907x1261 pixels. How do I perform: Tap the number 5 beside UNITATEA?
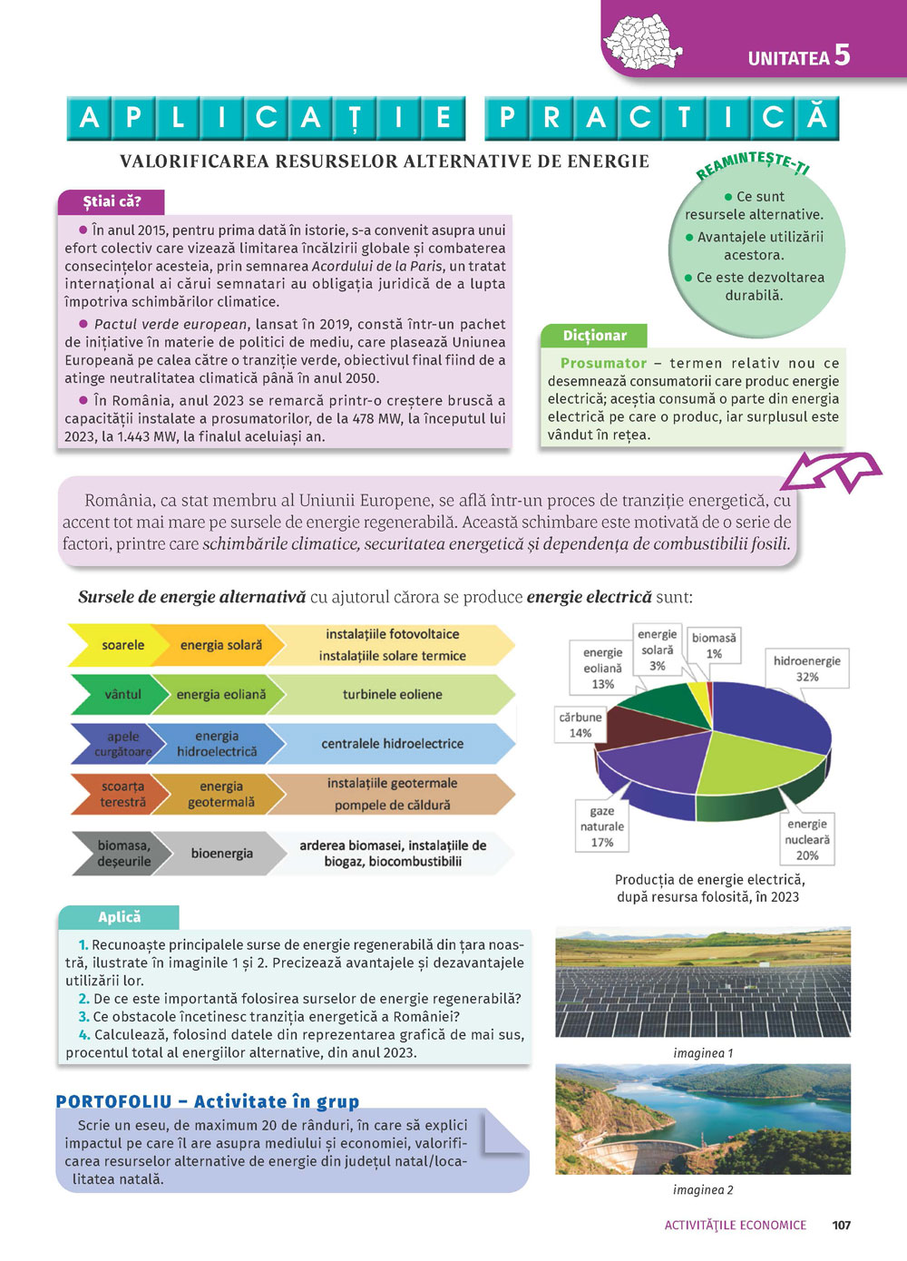[x=842, y=54]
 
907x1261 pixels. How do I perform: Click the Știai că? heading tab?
[x=112, y=201]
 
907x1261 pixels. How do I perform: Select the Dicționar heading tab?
[x=594, y=336]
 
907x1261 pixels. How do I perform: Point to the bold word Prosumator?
[x=603, y=363]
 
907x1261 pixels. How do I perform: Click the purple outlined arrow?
[x=831, y=471]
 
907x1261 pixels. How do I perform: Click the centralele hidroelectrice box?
[x=392, y=743]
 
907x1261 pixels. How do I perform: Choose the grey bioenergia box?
[x=221, y=853]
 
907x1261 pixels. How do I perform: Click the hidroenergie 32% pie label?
[x=806, y=669]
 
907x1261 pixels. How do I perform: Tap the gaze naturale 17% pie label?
[x=602, y=826]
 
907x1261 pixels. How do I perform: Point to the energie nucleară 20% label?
[x=806, y=839]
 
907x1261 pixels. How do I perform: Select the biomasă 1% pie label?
[x=714, y=645]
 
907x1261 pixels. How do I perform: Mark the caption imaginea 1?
[x=703, y=1053]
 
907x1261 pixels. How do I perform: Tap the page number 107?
[x=841, y=1225]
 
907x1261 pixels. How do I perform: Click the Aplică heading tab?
[x=119, y=917]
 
